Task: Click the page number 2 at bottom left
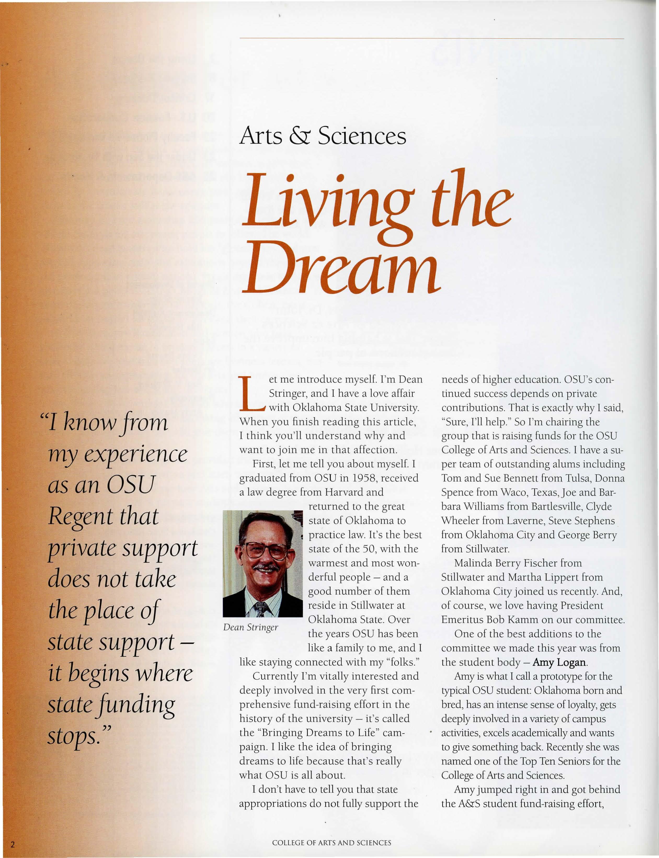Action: pyautogui.click(x=13, y=844)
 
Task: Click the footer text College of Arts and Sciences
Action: pyautogui.click(x=331, y=843)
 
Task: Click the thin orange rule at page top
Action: pyautogui.click(x=432, y=38)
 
